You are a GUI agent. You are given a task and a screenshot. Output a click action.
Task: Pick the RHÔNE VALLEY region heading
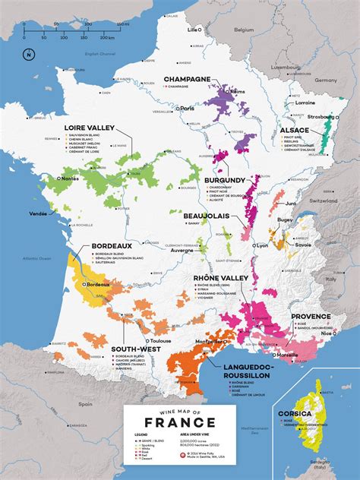coord(221,278)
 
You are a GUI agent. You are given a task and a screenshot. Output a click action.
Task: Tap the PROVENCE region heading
coord(310,316)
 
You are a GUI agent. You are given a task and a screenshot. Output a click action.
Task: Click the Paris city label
coord(188,109)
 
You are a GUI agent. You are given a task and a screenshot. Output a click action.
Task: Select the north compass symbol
coord(28,54)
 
